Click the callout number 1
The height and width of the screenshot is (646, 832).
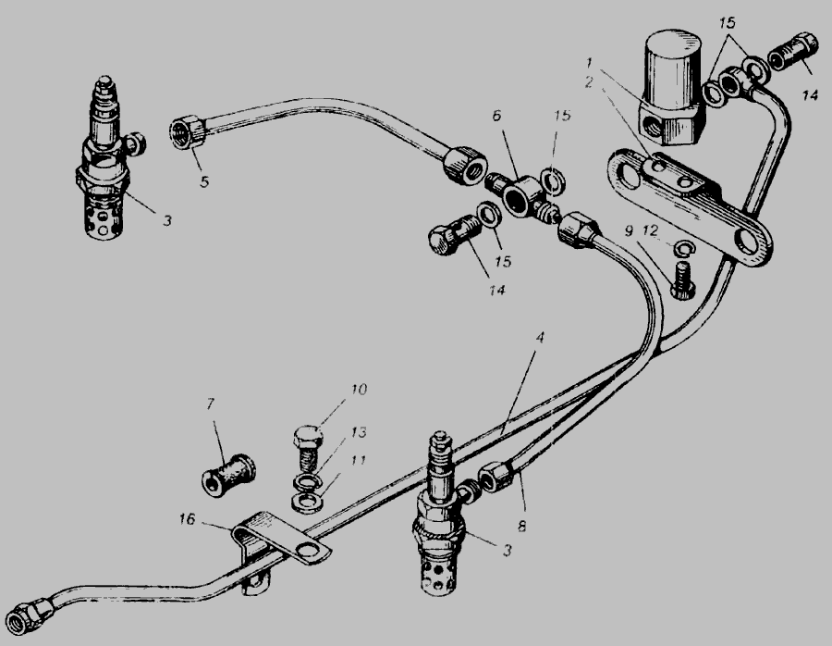pos(590,63)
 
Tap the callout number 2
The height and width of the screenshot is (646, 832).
pos(589,82)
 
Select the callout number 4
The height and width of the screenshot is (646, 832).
pos(540,338)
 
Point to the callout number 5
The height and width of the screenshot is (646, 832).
pos(204,181)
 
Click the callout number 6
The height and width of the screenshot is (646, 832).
pos(496,116)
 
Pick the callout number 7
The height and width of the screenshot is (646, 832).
pos(210,404)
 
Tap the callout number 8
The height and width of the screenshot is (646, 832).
pos(521,526)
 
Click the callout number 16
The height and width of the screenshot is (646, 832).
pos(187,518)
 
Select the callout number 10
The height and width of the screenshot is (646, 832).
pos(358,390)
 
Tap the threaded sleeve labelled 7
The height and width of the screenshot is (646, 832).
pos(228,475)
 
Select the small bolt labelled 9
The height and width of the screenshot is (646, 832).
pos(682,281)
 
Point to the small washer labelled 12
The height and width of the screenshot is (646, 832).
pos(683,247)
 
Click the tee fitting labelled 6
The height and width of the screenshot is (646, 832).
pos(522,198)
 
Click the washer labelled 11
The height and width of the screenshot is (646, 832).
pos(304,501)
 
